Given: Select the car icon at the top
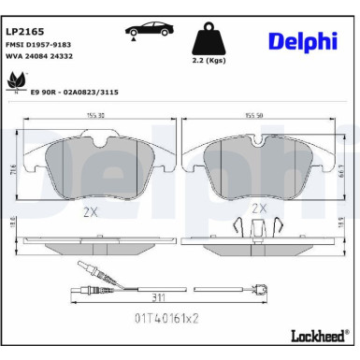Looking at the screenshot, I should (146, 29).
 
